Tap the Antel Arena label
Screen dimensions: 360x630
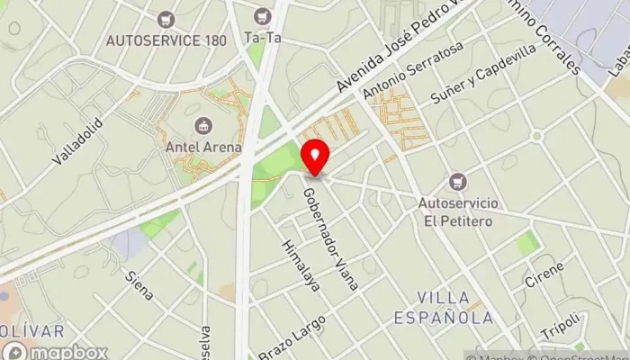coord(203,147)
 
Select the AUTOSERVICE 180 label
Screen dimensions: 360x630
coord(165,40)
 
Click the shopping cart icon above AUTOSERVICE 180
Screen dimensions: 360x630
coord(165,18)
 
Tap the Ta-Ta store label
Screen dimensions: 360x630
coord(262,38)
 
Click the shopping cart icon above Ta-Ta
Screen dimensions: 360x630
coord(262,16)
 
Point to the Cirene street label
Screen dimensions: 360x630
coord(545,274)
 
